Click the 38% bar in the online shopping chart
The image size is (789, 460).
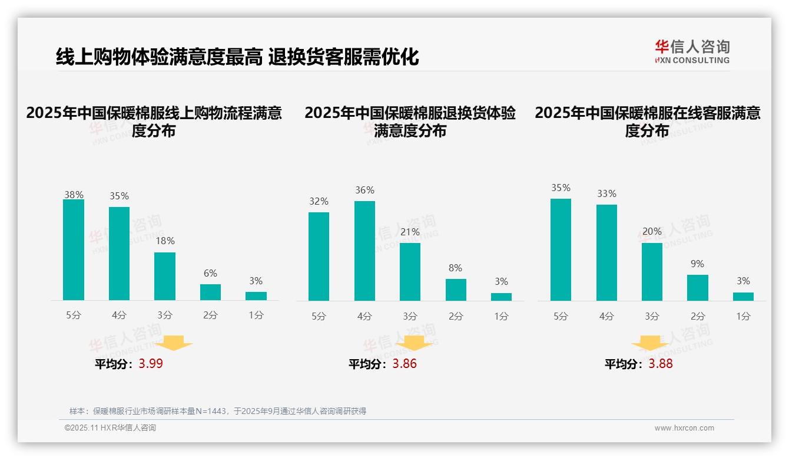[x=74, y=249]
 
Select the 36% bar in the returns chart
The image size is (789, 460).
[x=364, y=251]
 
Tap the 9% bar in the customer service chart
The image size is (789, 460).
[x=697, y=287]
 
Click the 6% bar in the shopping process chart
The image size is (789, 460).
[x=210, y=292]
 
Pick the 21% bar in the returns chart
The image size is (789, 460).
[x=410, y=271]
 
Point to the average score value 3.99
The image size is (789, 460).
[x=151, y=363]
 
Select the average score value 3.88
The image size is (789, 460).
[x=660, y=363]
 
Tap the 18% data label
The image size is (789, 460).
[x=165, y=241]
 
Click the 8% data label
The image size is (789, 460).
[x=455, y=268]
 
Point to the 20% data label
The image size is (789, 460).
[x=652, y=231]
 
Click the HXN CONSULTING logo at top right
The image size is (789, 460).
[x=692, y=51]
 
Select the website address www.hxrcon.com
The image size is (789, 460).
[x=684, y=428]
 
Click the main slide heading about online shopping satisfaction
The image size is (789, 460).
[x=237, y=57]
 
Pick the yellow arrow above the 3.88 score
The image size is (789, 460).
[x=650, y=344]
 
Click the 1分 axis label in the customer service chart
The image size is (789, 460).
[x=743, y=316]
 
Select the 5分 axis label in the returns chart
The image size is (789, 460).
[x=319, y=316]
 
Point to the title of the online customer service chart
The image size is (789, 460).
[x=647, y=121]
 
